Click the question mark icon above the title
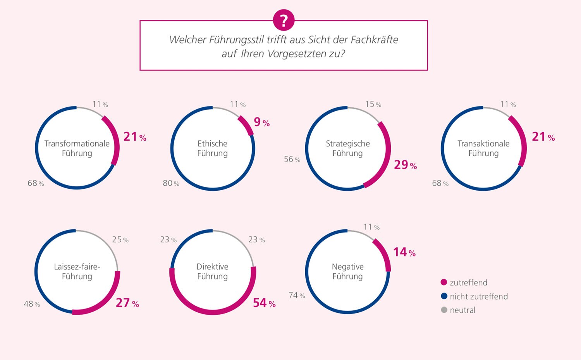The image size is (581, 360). point(284,20)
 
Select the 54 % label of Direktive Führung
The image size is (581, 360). point(264,303)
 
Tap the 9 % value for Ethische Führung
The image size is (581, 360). point(261,122)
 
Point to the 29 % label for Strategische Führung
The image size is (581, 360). point(405,165)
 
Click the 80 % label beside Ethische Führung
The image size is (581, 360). point(171,183)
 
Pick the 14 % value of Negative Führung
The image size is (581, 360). point(404,253)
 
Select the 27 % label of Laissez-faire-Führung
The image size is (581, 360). point(127,303)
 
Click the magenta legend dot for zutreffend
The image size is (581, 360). point(444,282)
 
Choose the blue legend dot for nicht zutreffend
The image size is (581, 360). point(444,296)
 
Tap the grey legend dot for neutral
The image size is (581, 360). point(444,310)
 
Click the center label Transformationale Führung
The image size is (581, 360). point(77,148)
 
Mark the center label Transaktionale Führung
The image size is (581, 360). point(483,148)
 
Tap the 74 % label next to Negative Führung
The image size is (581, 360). point(297,296)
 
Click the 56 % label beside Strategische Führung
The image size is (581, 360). point(292,159)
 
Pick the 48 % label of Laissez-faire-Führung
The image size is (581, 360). point(32,304)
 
